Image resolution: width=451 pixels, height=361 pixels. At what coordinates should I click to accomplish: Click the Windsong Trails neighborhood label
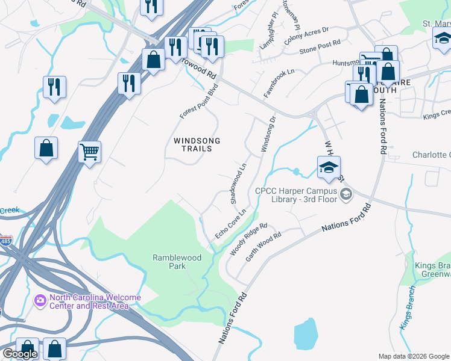(197, 144)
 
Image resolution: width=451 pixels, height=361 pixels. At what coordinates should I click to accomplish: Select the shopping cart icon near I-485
(89, 152)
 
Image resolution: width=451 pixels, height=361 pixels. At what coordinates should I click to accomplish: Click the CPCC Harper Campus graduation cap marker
(329, 167)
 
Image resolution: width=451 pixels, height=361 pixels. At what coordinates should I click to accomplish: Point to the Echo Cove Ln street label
(231, 224)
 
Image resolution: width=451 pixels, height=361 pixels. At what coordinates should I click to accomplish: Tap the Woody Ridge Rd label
(248, 239)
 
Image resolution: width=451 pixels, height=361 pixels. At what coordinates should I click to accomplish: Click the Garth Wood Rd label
(263, 247)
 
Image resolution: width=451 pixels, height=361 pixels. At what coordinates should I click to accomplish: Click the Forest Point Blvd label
(198, 100)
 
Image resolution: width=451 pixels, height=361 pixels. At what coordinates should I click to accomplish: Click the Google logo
(20, 354)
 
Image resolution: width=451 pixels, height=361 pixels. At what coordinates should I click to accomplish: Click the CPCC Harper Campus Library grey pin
(346, 193)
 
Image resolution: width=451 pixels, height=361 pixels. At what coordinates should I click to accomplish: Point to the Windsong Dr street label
(268, 134)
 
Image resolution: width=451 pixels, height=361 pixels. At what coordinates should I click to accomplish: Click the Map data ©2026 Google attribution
(413, 356)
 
